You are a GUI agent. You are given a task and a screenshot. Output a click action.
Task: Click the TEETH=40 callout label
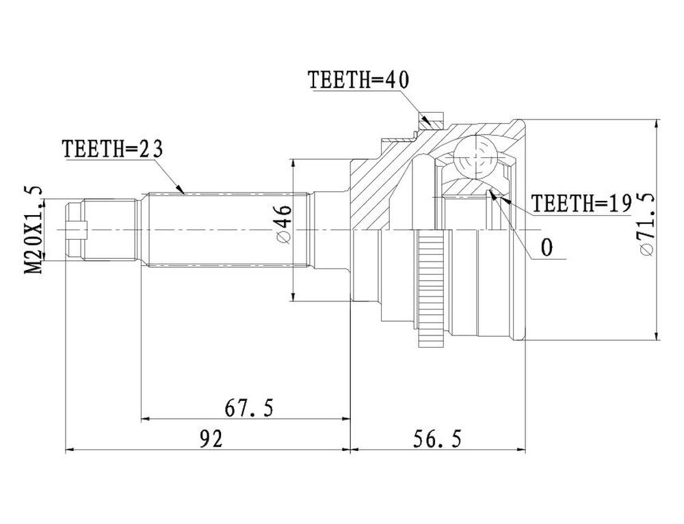click(358, 80)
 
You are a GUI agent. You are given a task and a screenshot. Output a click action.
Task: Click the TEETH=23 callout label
click(113, 150)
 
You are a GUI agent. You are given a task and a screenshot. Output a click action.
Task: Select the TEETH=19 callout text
click(581, 203)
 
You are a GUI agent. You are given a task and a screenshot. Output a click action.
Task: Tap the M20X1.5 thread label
click(34, 229)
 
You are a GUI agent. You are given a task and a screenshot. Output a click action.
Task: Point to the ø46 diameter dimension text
click(283, 225)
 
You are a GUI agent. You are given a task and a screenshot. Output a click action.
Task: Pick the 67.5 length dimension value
click(249, 408)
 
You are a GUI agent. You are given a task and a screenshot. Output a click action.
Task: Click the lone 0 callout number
click(547, 247)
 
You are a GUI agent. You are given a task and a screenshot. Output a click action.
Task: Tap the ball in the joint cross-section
click(475, 157)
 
